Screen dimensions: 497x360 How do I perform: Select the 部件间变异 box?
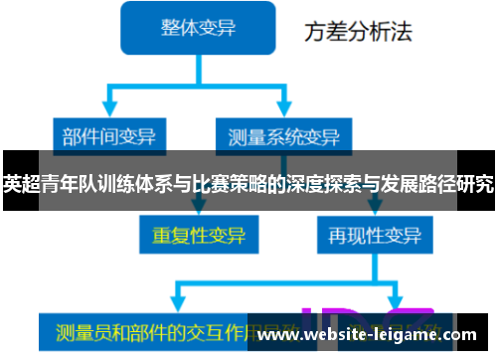pyautogui.click(x=108, y=135)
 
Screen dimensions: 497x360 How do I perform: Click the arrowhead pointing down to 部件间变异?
pyautogui.click(x=108, y=111)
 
